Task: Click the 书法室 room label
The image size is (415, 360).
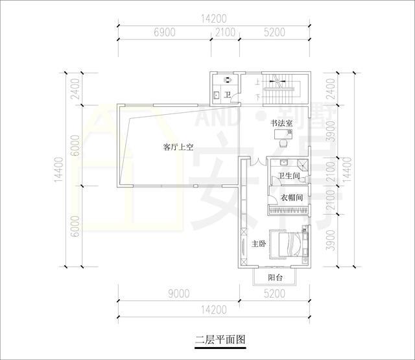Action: [281, 123]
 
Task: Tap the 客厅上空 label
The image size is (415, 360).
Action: [178, 147]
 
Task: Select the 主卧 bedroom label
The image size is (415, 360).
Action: [259, 244]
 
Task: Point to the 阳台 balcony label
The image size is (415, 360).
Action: [275, 278]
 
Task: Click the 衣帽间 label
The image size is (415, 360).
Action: [292, 197]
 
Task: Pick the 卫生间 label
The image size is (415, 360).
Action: [289, 176]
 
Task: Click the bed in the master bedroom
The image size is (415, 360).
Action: [286, 244]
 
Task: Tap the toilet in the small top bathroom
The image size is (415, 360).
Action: [227, 80]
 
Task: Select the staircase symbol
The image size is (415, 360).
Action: [281, 90]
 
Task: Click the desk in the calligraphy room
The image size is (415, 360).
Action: [283, 134]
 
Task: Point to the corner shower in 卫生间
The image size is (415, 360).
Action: [303, 165]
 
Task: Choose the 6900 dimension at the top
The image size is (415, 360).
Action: [164, 32]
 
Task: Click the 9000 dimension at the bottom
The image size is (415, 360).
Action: [179, 294]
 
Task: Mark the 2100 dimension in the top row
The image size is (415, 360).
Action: [225, 32]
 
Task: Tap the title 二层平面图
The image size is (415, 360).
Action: [220, 339]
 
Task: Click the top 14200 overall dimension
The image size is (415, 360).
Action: [214, 19]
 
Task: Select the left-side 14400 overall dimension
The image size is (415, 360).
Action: [59, 170]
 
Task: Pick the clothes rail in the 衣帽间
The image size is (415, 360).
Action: [288, 210]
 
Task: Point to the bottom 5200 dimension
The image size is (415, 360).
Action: [274, 294]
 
